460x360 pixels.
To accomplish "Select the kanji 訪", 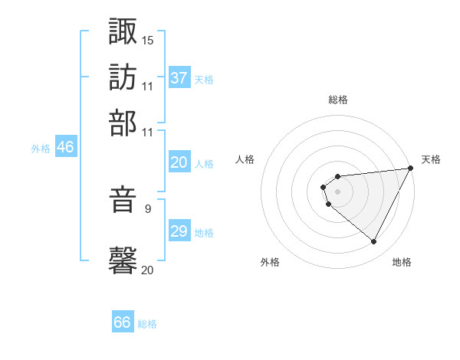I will [123, 77].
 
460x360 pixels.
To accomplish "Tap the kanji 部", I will [123, 123].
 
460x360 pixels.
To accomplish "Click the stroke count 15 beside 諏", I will [148, 39].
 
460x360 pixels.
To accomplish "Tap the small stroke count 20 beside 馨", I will [148, 269].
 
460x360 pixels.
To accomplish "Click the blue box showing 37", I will [179, 78].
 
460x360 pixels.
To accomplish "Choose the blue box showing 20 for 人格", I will [179, 162].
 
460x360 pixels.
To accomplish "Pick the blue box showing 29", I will [179, 231].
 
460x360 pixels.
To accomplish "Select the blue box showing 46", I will [65, 148].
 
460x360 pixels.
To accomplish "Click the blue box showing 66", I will [123, 322].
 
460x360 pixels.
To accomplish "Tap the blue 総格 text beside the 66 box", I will [147, 324].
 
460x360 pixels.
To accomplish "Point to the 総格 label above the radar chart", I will [337, 100].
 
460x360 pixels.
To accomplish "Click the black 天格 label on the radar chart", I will [431, 159].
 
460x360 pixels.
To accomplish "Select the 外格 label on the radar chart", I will [269, 262].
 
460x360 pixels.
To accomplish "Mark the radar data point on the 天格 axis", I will [410, 168].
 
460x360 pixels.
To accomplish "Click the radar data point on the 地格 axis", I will [374, 242].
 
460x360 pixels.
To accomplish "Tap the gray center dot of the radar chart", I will [337, 191].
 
